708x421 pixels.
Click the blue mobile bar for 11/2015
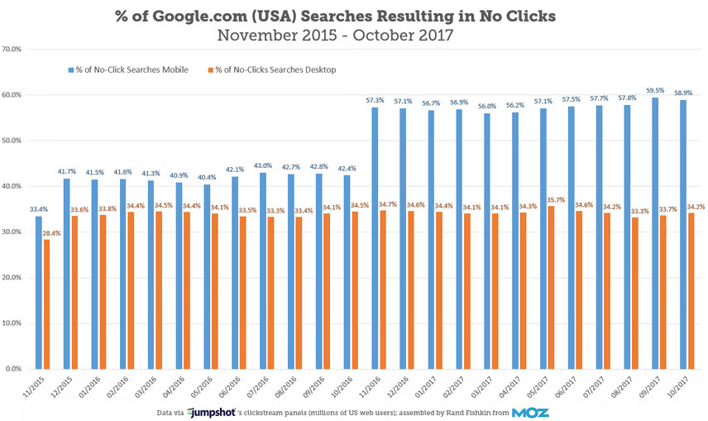point(38,293)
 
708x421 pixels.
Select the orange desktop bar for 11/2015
point(47,304)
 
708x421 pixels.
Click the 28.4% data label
point(51,232)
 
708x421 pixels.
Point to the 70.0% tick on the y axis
point(16,49)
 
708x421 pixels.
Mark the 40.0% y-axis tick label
point(16,186)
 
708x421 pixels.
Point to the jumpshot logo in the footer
point(211,411)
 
